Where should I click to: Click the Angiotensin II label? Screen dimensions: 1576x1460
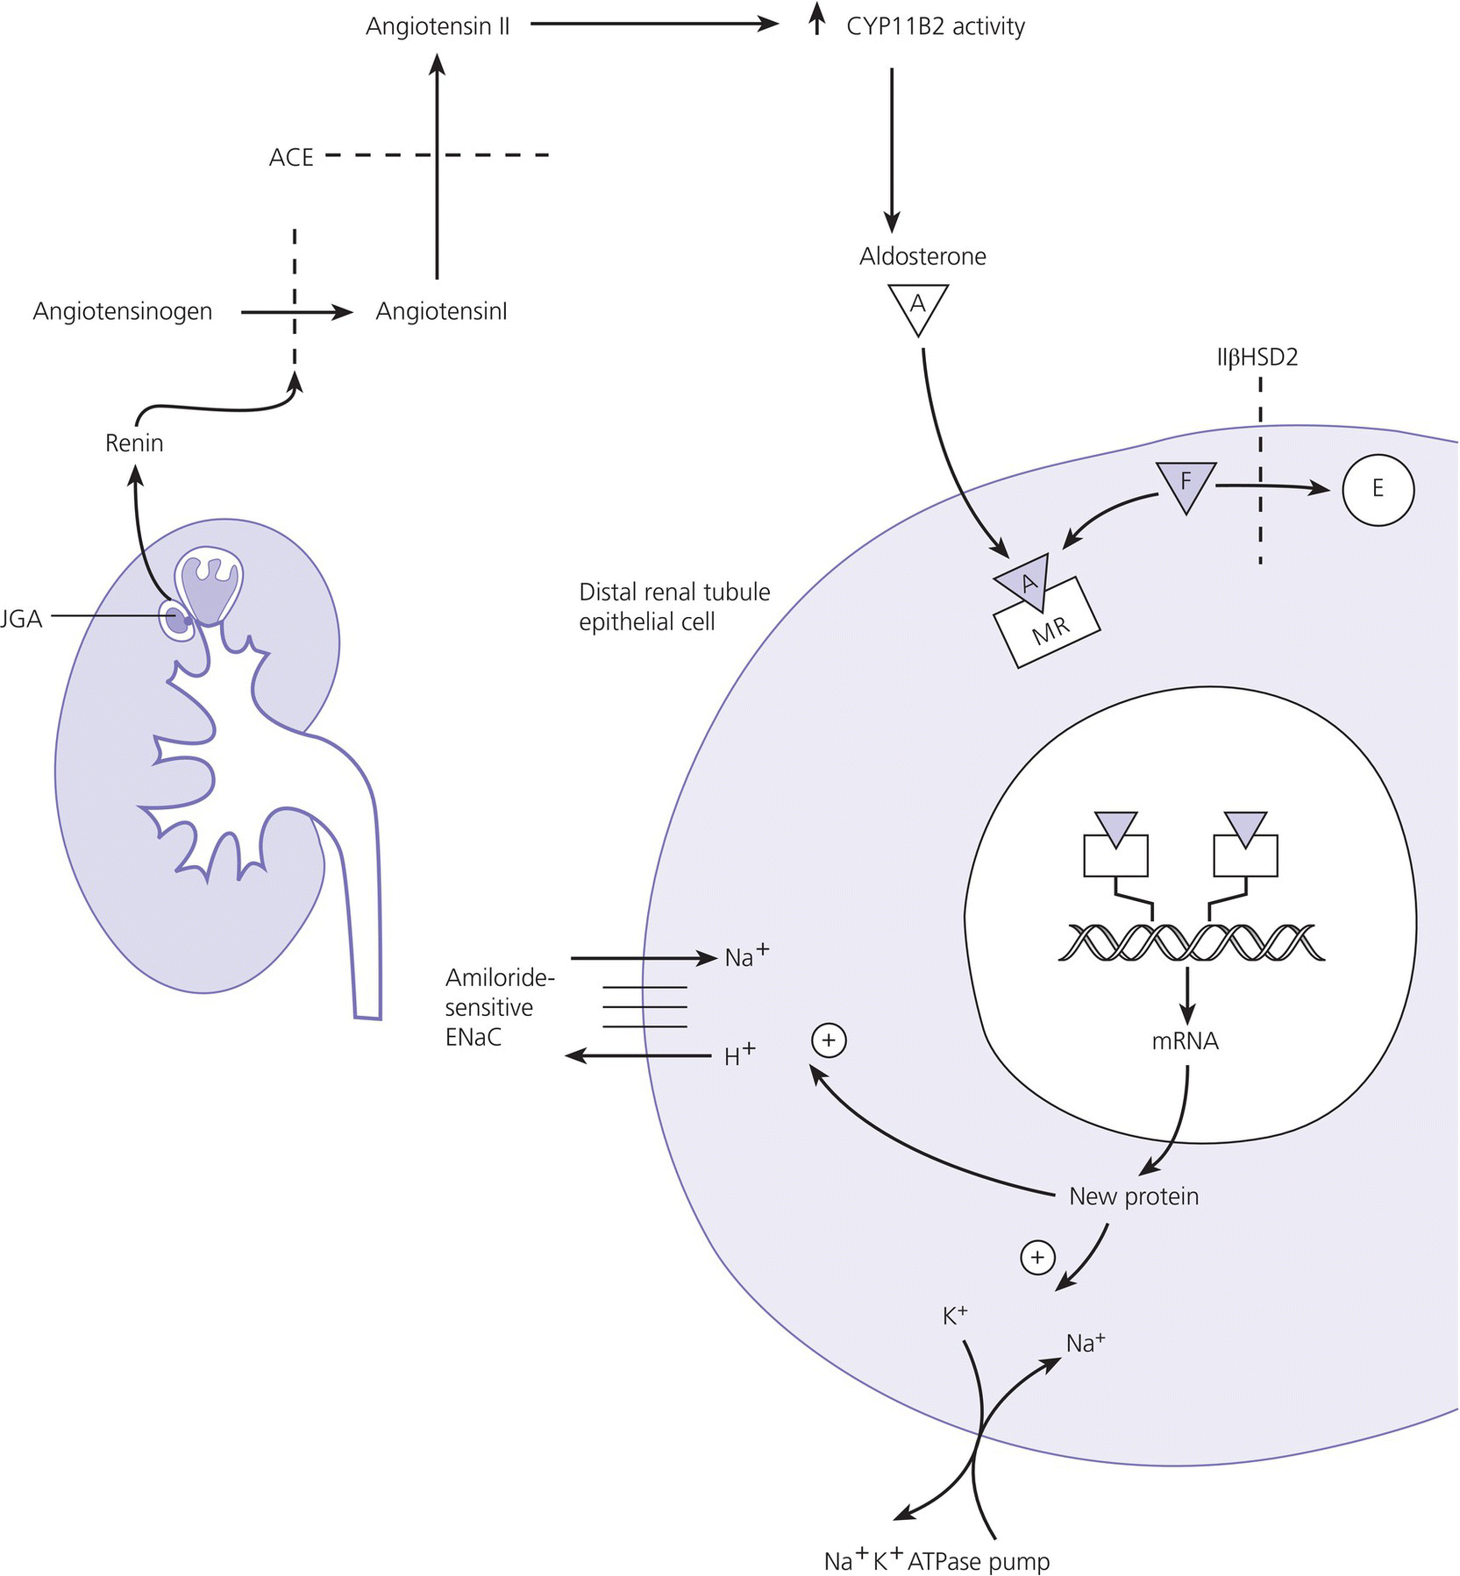coord(438,26)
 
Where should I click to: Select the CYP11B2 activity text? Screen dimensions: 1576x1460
coord(935,26)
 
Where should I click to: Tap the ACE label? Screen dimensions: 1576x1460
coord(291,158)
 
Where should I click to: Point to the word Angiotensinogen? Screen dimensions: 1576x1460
coord(123,311)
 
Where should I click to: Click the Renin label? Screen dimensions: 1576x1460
coord(134,443)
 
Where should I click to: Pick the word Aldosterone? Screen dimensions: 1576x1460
coord(922,256)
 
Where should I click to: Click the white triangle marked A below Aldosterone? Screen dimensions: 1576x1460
coord(918,307)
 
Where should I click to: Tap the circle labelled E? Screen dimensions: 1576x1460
coord(1378,488)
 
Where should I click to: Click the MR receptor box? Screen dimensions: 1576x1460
coord(1048,627)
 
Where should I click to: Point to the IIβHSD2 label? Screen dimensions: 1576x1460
coord(1257,358)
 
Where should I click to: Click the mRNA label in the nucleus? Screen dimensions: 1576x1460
coord(1185,1041)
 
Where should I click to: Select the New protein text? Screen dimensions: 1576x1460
coord(1133,1196)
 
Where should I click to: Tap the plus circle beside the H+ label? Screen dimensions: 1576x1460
coord(829,1040)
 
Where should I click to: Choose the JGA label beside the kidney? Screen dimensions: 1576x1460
coord(21,619)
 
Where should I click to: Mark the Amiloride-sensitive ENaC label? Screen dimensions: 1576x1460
coord(500,1007)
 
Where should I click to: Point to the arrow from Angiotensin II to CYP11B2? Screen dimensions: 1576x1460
coord(654,25)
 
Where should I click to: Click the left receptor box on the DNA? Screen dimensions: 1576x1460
coord(1115,855)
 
